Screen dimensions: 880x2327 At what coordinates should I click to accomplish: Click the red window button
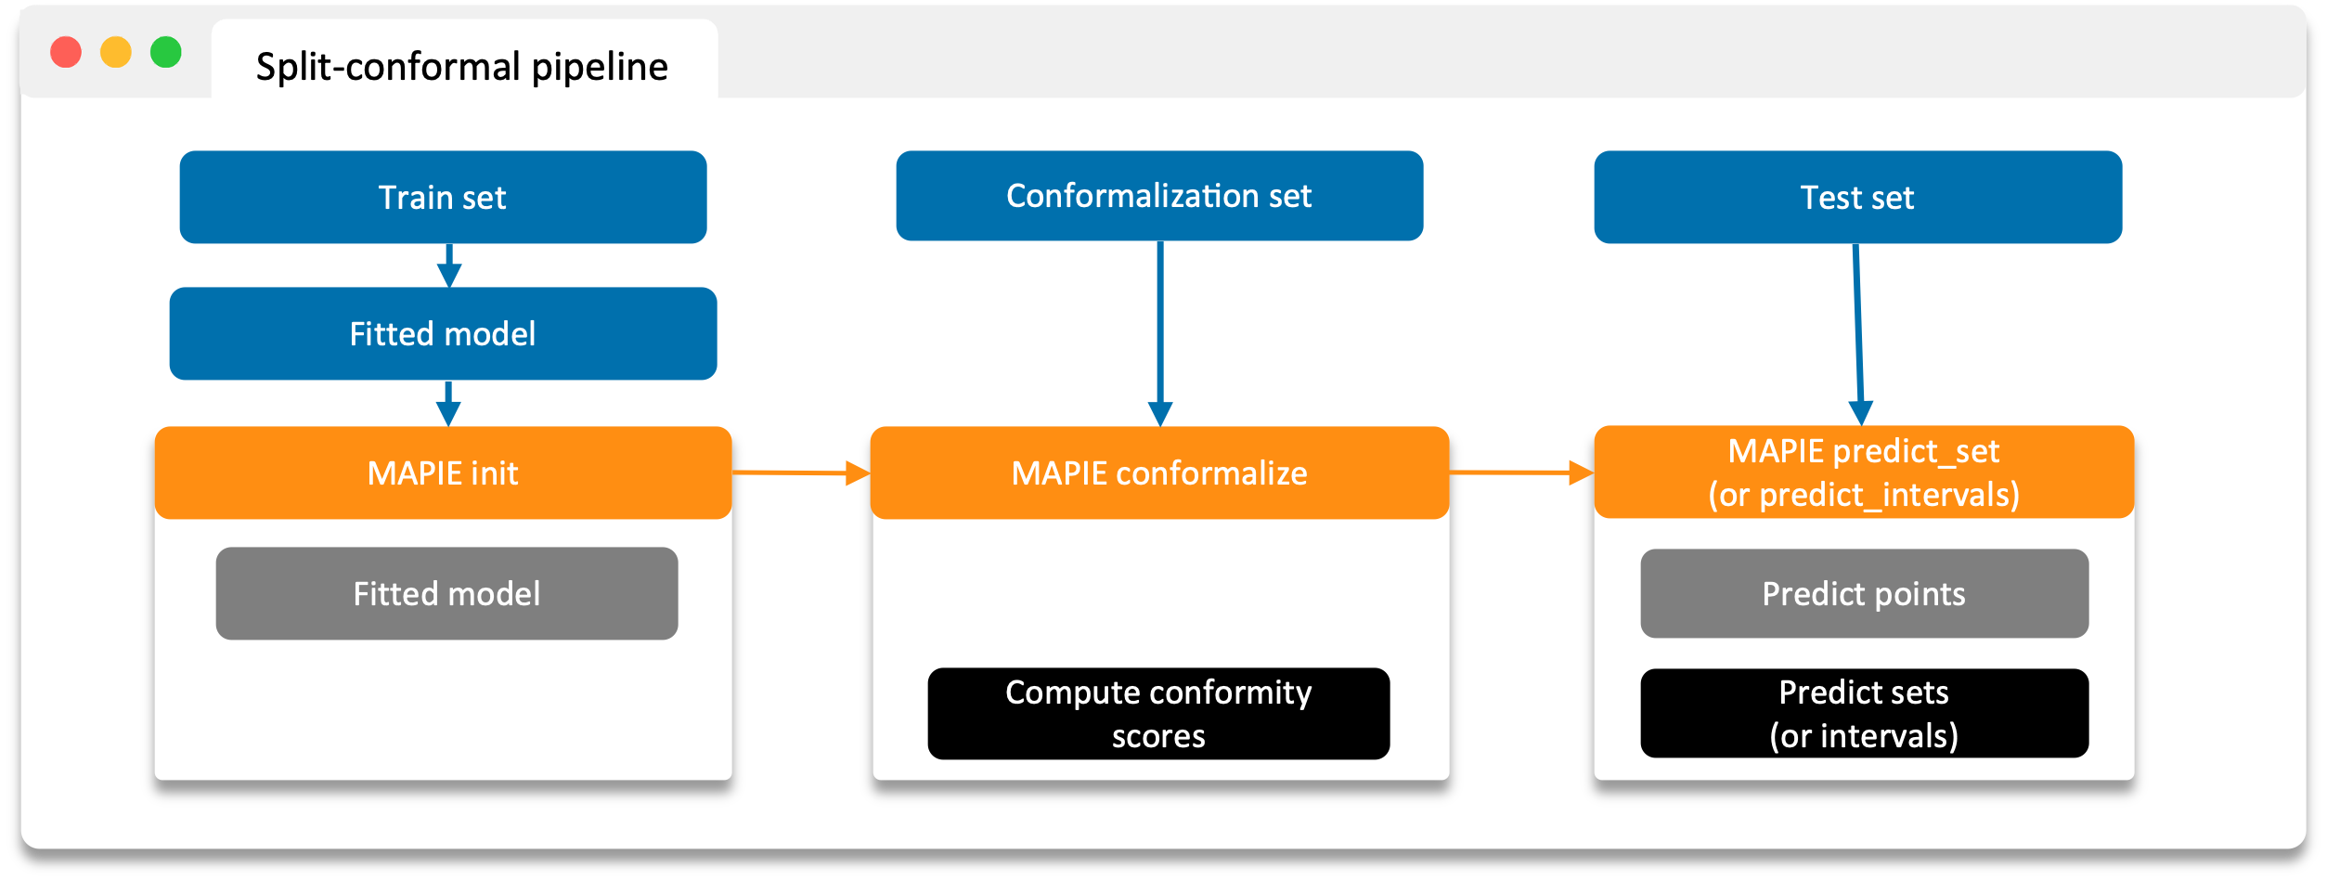(x=66, y=52)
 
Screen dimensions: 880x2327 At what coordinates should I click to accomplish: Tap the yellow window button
(x=116, y=52)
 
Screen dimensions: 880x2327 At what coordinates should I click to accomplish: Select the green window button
(x=166, y=52)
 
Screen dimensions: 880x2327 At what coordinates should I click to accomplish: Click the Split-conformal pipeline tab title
(x=461, y=67)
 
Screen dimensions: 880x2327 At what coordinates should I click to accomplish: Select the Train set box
(x=443, y=198)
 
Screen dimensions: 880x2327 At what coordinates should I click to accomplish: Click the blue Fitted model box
(x=443, y=334)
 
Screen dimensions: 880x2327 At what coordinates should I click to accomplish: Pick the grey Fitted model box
(x=446, y=594)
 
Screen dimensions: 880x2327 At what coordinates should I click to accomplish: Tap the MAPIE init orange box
(x=443, y=473)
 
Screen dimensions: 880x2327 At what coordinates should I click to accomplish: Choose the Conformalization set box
(x=1159, y=196)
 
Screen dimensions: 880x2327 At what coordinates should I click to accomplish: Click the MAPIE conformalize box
(x=1159, y=473)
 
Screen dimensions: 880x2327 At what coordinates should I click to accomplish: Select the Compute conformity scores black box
(x=1158, y=714)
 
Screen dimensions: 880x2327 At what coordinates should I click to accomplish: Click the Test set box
(x=1857, y=198)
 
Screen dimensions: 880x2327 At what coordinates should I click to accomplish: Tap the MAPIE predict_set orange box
(x=1864, y=472)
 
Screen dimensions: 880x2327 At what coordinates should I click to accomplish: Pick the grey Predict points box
(x=1864, y=594)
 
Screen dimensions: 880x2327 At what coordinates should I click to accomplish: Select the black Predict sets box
(x=1864, y=714)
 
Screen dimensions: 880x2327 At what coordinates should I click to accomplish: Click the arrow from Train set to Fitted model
(x=449, y=265)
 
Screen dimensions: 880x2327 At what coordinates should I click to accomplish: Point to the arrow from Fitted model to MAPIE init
(x=448, y=403)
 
